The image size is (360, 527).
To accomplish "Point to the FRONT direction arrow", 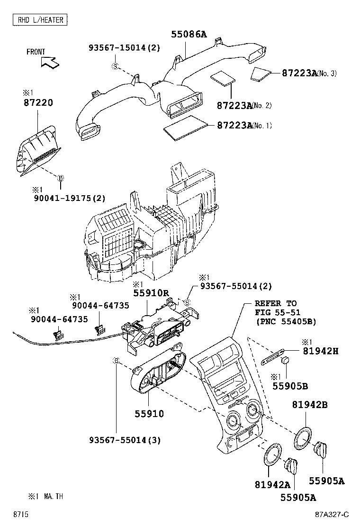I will (x=49, y=61).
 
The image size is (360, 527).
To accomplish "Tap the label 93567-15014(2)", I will (x=125, y=48).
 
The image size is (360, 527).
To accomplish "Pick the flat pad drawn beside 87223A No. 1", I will (x=186, y=127).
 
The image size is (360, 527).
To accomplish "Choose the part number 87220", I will (x=37, y=102).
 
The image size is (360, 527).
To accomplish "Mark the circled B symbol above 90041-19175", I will (x=60, y=178).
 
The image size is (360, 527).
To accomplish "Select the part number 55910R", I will (x=151, y=293).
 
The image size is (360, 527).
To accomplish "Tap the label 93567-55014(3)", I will (x=125, y=440).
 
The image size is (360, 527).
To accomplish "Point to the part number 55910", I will (x=148, y=414).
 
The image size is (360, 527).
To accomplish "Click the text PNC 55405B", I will (x=285, y=322).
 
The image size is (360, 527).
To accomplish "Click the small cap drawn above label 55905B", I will (x=286, y=362).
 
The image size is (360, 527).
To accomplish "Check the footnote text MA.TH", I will (x=54, y=496).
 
